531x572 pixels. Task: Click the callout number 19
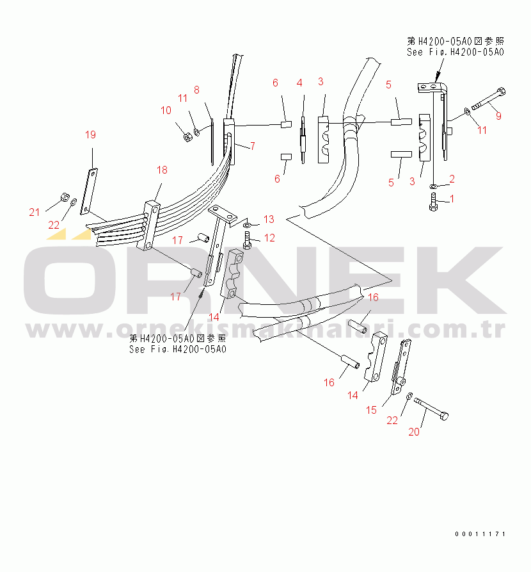coord(90,135)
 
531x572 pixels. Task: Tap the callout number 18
coord(162,170)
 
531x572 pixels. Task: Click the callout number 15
coord(372,410)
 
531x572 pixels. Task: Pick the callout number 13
coord(269,220)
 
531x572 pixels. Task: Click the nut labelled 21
coord(64,196)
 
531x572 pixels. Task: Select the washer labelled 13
coord(248,224)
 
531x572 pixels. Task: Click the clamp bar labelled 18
coord(151,225)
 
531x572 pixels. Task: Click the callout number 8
coord(196,90)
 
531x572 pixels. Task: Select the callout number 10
coord(166,110)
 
